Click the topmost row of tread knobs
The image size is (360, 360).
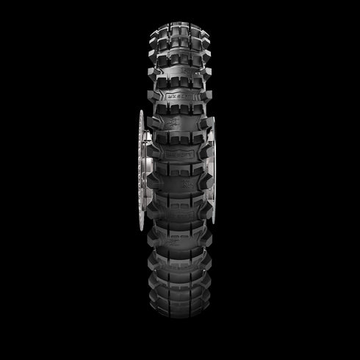(x=180, y=16)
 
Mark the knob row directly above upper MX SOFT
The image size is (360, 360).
(x=180, y=79)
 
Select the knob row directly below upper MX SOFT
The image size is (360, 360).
(x=180, y=108)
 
